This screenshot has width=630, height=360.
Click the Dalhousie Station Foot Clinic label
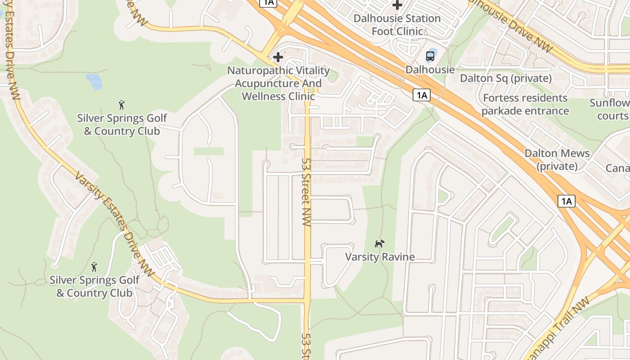397,25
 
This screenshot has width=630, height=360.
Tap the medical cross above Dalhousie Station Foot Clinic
397,5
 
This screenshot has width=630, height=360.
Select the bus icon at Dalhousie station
430,56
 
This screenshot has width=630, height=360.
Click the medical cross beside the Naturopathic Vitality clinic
278,57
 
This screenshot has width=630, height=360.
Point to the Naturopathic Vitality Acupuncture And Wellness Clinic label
278,83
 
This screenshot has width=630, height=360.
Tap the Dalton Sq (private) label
506,78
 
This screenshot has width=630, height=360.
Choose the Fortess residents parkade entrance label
525,104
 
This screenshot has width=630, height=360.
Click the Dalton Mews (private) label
557,159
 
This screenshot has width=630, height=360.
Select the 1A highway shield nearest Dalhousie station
421,95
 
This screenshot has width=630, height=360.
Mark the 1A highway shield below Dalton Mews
566,201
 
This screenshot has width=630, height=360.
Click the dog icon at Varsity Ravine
380,243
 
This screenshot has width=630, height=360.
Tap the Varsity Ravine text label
380,257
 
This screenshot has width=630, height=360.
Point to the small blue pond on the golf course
94,81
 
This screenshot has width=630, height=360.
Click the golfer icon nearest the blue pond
121,105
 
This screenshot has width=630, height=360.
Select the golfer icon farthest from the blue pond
94,267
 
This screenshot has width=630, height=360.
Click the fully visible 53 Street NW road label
307,192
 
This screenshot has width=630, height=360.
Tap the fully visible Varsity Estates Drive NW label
114,225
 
